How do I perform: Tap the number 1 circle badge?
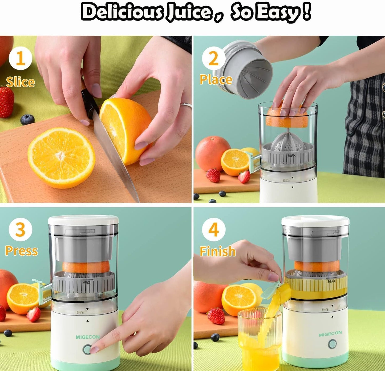pos(21,58)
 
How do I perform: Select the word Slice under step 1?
pos(21,82)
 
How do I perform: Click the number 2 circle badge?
pos(213,59)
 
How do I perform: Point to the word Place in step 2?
pos(216,79)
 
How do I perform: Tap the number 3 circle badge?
pos(21,229)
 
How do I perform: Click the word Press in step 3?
pos(22,251)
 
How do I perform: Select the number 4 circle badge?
pos(213,229)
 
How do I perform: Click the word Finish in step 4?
pos(218,251)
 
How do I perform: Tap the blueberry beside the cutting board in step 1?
pos(27,120)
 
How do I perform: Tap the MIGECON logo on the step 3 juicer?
pos(87,337)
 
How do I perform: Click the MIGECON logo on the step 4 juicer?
pos(330,334)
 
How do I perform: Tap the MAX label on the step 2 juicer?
pos(291,155)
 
